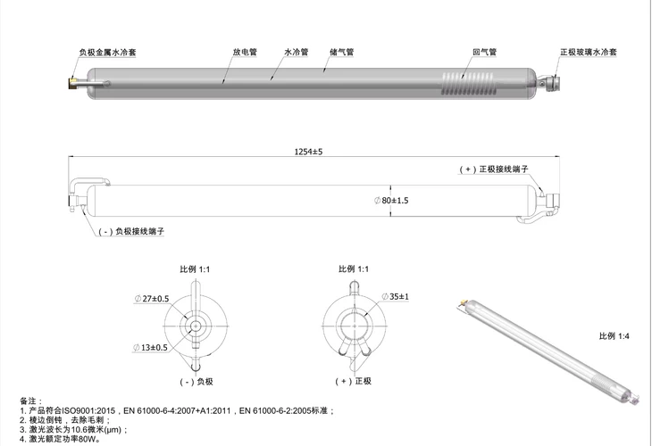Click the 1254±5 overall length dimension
(308, 152)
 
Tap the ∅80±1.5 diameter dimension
(391, 201)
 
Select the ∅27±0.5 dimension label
(152, 299)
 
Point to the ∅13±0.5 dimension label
(151, 348)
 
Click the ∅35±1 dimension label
(396, 296)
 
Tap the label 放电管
(245, 52)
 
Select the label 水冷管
(297, 52)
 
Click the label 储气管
(342, 52)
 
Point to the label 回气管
(485, 52)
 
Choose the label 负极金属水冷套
(108, 53)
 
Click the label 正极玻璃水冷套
(589, 52)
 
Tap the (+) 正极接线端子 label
(494, 169)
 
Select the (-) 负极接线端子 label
(131, 231)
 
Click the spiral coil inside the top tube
(467, 84)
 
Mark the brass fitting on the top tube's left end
(72, 83)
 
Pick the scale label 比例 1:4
(614, 336)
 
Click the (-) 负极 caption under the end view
(196, 382)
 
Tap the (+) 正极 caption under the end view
(354, 381)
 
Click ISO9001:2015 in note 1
(88, 411)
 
